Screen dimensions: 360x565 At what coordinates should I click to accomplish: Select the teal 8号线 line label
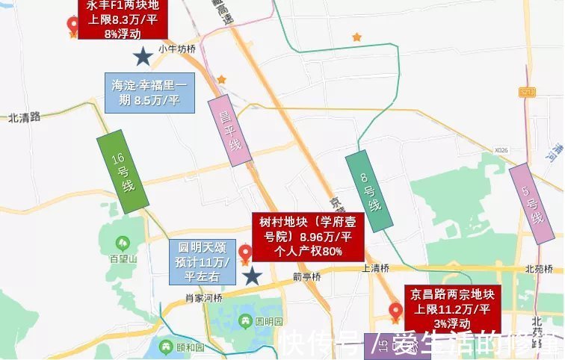pos(369,189)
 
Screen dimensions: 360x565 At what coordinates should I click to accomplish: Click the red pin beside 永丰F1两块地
pos(72,27)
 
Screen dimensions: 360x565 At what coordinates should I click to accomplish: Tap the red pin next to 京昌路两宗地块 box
pos(395,311)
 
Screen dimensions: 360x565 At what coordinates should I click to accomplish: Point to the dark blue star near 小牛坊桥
pos(140,55)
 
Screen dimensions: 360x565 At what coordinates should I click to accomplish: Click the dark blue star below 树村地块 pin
pos(253,276)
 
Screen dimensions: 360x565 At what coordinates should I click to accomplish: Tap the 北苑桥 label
pos(537,269)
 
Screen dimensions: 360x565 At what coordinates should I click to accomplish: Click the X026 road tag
pos(501,151)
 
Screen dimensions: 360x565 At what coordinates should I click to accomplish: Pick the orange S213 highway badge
pos(528,92)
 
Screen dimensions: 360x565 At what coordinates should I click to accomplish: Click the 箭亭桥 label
pos(306,277)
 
